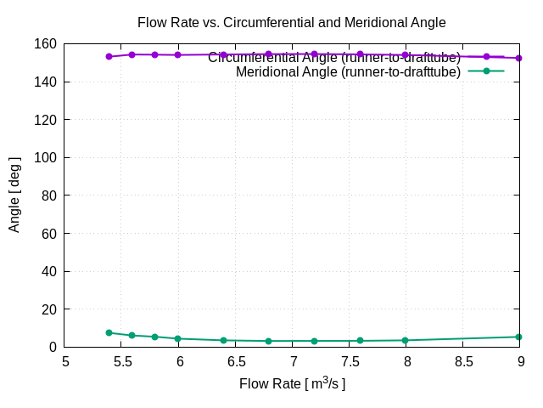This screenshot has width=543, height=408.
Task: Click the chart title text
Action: click(291, 22)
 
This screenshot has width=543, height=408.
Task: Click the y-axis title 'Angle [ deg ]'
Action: click(14, 195)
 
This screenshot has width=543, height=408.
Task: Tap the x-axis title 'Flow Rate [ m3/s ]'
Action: click(292, 383)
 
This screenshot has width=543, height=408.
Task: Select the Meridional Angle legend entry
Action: click(348, 71)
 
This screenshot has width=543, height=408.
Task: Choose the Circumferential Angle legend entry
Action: click(334, 58)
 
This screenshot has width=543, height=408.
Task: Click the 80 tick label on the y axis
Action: click(48, 195)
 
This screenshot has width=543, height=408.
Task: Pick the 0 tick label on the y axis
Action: click(52, 347)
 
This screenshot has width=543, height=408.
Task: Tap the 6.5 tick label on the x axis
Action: click(236, 361)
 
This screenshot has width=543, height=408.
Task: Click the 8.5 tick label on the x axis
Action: click(463, 361)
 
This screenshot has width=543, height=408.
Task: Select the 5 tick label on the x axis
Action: click(66, 361)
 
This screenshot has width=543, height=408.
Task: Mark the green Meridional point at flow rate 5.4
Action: click(109, 333)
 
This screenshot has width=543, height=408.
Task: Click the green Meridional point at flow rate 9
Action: click(518, 337)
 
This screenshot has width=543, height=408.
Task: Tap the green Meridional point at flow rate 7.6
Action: click(360, 341)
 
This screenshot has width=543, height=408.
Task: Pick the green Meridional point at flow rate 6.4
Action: click(223, 340)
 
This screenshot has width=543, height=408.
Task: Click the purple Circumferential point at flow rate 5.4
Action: click(109, 56)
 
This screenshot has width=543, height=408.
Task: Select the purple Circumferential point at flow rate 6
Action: click(177, 54)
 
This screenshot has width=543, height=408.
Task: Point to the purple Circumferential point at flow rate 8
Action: click(406, 55)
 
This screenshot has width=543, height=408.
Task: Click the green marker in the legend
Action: click(486, 71)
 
